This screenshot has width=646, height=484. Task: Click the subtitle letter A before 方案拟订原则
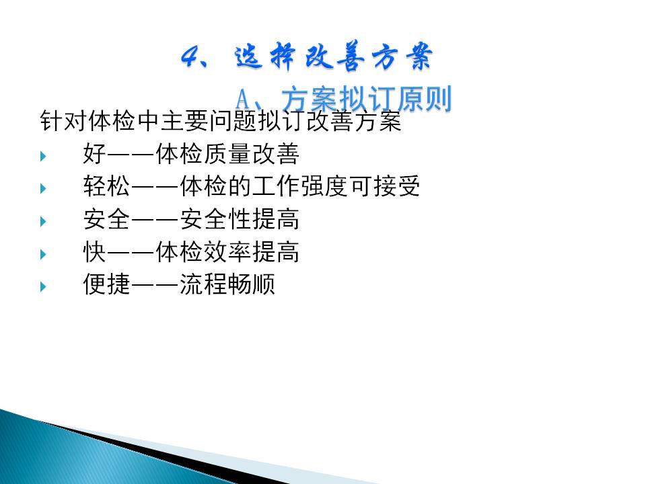coord(243,100)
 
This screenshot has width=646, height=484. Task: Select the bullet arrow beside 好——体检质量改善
coord(43,156)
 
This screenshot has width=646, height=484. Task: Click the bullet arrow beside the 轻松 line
coord(43,188)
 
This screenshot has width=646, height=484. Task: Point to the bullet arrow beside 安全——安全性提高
coord(43,221)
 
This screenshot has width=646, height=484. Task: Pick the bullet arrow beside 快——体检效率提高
coord(43,254)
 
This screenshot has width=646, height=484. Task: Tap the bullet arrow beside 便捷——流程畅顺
coord(43,286)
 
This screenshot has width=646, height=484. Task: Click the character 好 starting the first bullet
coord(94,153)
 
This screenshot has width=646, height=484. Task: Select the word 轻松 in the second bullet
coord(106,186)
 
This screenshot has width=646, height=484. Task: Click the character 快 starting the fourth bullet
coord(94,251)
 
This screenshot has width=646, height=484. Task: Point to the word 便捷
coord(106,284)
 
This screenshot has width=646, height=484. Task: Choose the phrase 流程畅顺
coord(227,284)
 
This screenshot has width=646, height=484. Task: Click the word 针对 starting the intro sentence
coord(63,121)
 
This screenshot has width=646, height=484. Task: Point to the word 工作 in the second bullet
coord(276,186)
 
